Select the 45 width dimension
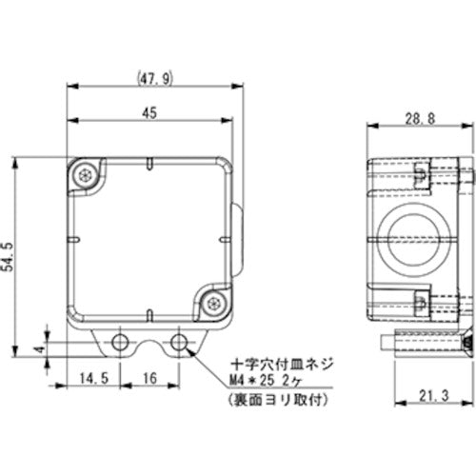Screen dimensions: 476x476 click(x=149, y=111)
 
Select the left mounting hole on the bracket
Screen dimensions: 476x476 click(x=121, y=341)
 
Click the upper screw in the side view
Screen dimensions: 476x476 click(x=420, y=174)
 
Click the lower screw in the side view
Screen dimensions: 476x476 click(x=420, y=303)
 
